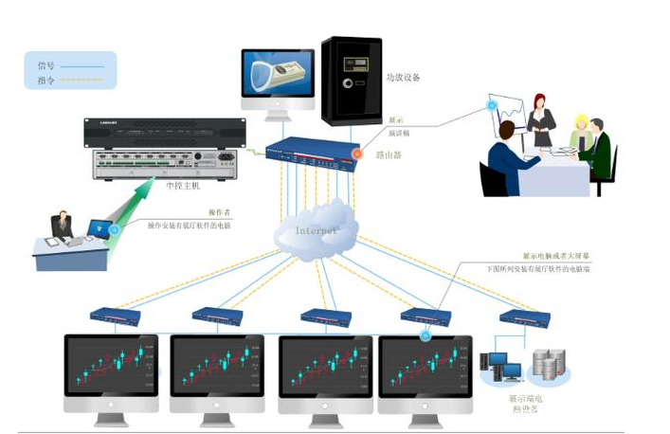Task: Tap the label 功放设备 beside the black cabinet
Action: click(403, 77)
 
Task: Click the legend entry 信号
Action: click(46, 65)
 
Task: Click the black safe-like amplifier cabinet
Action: click(350, 80)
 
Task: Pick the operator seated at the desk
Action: click(62, 226)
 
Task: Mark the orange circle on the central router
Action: click(357, 153)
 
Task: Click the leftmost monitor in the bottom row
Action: click(111, 370)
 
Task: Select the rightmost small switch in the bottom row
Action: click(524, 317)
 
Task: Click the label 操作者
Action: click(220, 213)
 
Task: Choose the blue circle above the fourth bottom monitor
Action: click(425, 335)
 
